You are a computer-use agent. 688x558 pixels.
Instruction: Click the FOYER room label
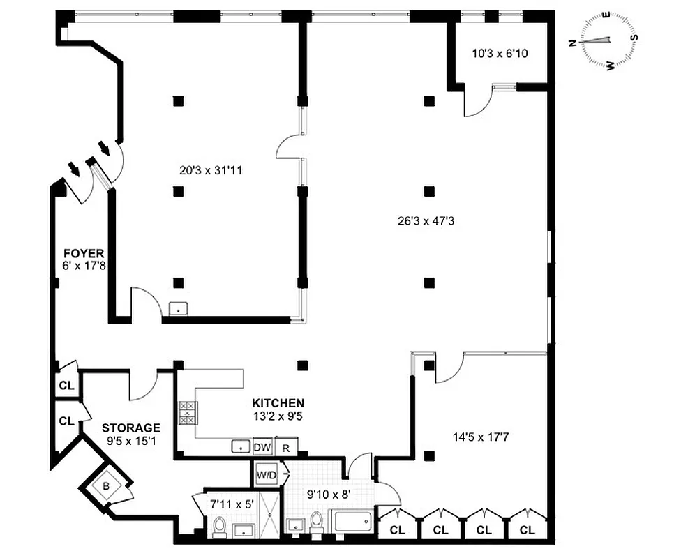click(x=80, y=252)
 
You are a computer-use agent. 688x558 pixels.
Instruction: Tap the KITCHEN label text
click(x=278, y=403)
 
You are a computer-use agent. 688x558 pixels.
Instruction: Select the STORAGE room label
click(x=131, y=428)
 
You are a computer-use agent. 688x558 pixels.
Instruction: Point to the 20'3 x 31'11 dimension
click(x=207, y=169)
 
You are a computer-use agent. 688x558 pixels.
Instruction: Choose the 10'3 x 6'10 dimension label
click(x=500, y=52)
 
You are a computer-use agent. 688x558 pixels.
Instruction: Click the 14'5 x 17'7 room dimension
click(x=481, y=438)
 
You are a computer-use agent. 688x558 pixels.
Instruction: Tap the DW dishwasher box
click(x=262, y=447)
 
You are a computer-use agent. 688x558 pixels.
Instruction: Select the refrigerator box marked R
click(x=285, y=447)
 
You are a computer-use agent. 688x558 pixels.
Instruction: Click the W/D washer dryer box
click(x=266, y=474)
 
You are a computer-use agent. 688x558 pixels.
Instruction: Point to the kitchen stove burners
click(x=188, y=413)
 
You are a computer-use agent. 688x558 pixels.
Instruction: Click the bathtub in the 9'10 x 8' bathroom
click(x=354, y=522)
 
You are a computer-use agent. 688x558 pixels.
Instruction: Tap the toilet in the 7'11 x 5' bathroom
click(x=219, y=528)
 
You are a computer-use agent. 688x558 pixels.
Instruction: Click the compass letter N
click(x=573, y=43)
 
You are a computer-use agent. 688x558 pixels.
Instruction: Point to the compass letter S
click(x=634, y=38)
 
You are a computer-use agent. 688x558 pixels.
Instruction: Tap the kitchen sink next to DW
click(x=240, y=447)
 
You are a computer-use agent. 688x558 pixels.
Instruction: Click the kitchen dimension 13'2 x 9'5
click(x=278, y=416)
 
